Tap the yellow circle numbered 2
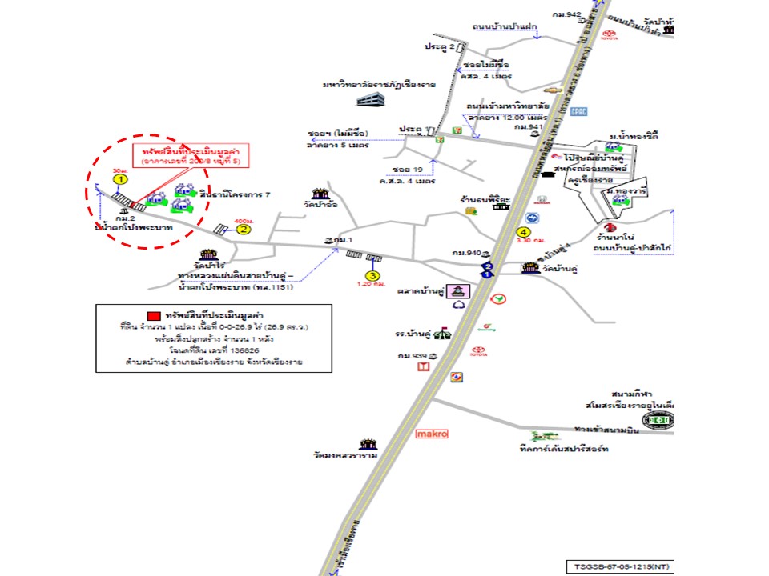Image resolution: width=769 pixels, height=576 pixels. [244, 228]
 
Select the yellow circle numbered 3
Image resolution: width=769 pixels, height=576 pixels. [372, 276]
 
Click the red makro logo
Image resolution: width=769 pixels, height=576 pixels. [432, 434]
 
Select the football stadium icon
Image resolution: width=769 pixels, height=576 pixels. [658, 420]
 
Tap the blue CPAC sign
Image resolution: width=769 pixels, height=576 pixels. [579, 111]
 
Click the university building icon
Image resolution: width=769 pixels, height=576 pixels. [370, 99]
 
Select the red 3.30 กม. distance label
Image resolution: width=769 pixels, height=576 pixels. [531, 240]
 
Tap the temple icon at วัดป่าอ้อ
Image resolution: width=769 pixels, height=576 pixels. [321, 194]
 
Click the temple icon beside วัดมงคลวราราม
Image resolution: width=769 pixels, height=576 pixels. [368, 444]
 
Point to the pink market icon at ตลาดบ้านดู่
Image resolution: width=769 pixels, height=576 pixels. [460, 290]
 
